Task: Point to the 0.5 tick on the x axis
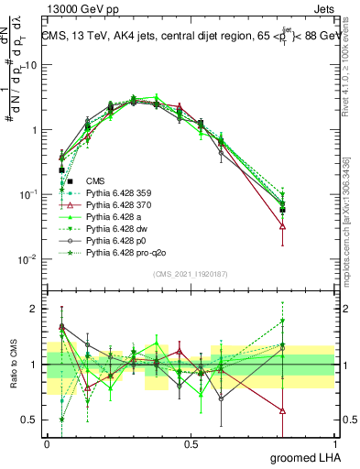point(191,443)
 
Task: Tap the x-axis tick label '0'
point(47,443)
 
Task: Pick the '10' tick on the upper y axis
point(30,66)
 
